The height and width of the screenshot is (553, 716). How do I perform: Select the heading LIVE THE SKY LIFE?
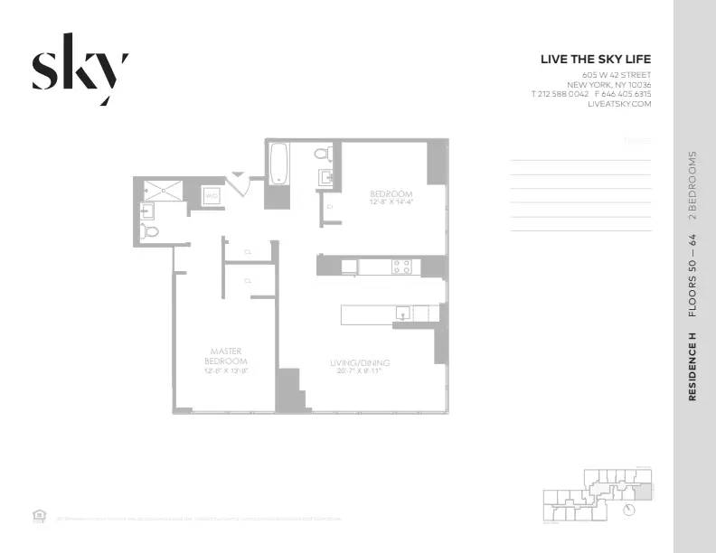point(595,60)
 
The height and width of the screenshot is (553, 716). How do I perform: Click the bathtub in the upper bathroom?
point(278,163)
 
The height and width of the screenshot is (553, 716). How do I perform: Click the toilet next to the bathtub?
point(323,155)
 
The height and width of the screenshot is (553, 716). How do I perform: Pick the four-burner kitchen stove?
point(400,267)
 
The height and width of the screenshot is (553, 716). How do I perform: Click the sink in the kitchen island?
point(404,313)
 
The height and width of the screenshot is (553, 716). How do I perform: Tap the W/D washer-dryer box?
point(212,195)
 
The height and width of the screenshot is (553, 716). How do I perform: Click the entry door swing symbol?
point(239,183)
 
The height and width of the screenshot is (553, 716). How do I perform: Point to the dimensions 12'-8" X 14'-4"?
point(391,203)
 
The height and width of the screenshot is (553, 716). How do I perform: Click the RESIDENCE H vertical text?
point(692,366)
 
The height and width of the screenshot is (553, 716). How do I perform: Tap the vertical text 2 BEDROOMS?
point(692,186)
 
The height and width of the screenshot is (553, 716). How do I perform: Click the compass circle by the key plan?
point(629,510)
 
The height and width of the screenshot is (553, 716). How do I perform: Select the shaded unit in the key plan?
point(642,491)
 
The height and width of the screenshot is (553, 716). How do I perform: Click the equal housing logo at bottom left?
point(39,516)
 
